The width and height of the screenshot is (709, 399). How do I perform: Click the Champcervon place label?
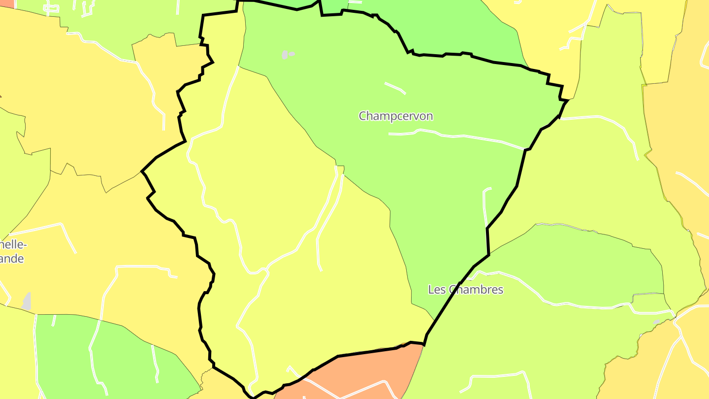[396, 116]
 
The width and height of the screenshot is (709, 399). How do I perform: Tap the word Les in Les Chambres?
[437, 290]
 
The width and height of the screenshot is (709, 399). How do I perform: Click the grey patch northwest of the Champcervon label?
[285, 54]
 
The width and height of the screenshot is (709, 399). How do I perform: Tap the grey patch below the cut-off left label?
[27, 301]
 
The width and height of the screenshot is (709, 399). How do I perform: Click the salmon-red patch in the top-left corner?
[7, 3]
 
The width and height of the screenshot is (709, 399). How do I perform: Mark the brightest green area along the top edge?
[443, 25]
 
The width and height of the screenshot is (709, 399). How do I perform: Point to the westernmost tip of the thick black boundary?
[142, 171]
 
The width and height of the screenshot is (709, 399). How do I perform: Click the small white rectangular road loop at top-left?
[51, 8]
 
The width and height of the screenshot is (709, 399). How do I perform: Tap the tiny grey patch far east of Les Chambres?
[656, 322]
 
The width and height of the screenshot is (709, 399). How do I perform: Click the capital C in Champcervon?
[363, 116]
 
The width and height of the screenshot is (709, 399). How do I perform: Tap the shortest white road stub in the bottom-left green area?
[54, 321]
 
